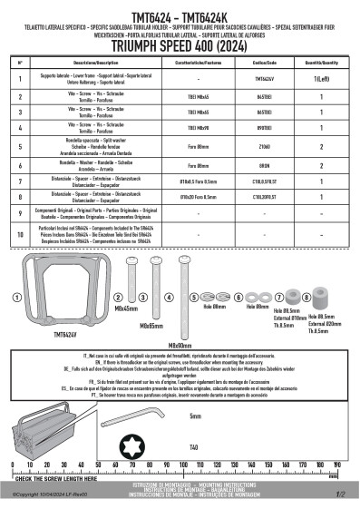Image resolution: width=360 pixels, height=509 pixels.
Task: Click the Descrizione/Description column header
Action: tap(86, 63)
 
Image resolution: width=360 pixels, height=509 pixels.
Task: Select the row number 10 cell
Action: tap(20, 235)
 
